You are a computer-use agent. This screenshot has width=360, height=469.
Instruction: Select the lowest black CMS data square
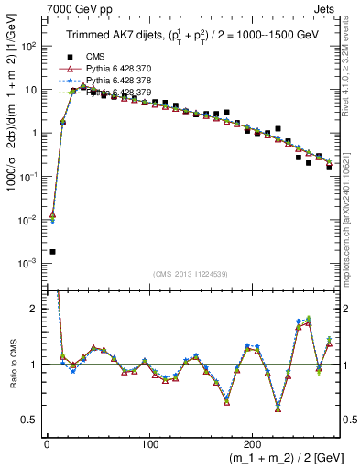[x=52, y=251]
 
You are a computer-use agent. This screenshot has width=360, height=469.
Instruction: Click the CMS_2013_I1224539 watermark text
[x=190, y=273]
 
